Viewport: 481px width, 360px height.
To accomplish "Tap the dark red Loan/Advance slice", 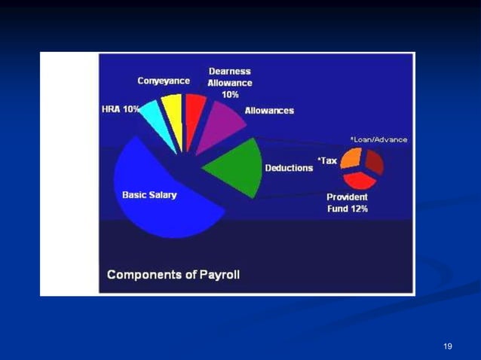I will pyautogui.click(x=375, y=161).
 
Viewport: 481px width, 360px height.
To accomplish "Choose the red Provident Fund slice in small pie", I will pyautogui.click(x=360, y=178).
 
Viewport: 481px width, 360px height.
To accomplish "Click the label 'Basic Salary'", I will pyautogui.click(x=149, y=194).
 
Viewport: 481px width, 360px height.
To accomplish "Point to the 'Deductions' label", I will pyautogui.click(x=289, y=168).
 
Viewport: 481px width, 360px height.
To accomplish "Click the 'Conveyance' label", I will pyautogui.click(x=164, y=81).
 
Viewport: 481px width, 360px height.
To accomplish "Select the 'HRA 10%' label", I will pyautogui.click(x=120, y=109).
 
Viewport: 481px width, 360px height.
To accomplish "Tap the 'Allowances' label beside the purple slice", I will pyautogui.click(x=269, y=111).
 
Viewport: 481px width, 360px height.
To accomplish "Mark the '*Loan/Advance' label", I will pyautogui.click(x=378, y=139).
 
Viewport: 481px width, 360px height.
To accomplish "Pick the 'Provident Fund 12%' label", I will pyautogui.click(x=347, y=203).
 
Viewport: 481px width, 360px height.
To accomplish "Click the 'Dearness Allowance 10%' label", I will pyautogui.click(x=230, y=83).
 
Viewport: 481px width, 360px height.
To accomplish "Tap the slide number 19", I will pyautogui.click(x=448, y=346).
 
